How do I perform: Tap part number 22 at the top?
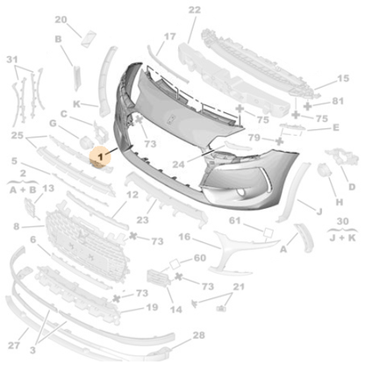(x=194, y=11)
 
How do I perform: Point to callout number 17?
(x=169, y=39)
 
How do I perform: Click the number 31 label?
(x=11, y=60)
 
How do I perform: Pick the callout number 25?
(x=17, y=135)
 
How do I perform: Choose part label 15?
(x=342, y=79)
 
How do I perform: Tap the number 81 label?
(x=339, y=103)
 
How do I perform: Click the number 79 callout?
(x=254, y=137)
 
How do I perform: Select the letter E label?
(x=335, y=127)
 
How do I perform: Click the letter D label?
(x=351, y=187)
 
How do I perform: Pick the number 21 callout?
(x=237, y=288)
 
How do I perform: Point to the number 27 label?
(x=13, y=346)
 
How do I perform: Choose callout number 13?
(x=48, y=189)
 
